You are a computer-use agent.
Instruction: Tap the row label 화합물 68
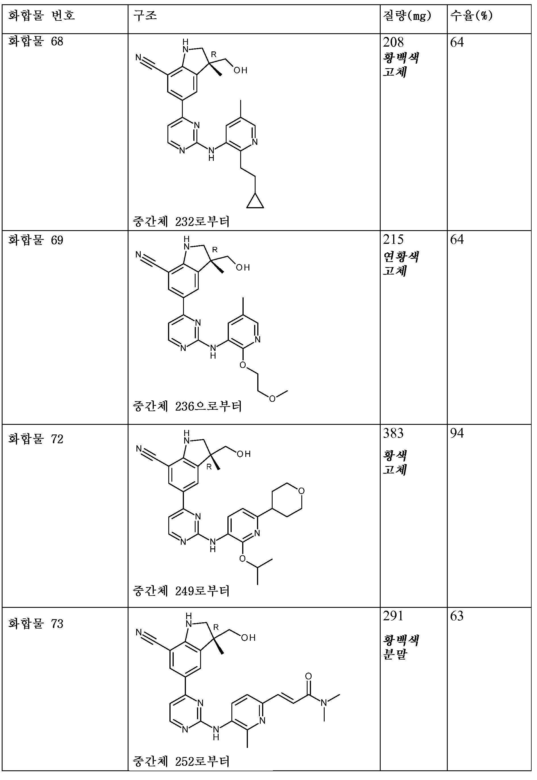click(x=36, y=42)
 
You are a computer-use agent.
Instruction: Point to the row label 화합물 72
click(x=36, y=439)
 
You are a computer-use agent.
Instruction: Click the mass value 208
click(x=393, y=42)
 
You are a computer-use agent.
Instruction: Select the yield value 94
click(x=457, y=433)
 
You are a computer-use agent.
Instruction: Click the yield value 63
click(x=457, y=616)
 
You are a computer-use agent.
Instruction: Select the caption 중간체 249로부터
click(x=181, y=591)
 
